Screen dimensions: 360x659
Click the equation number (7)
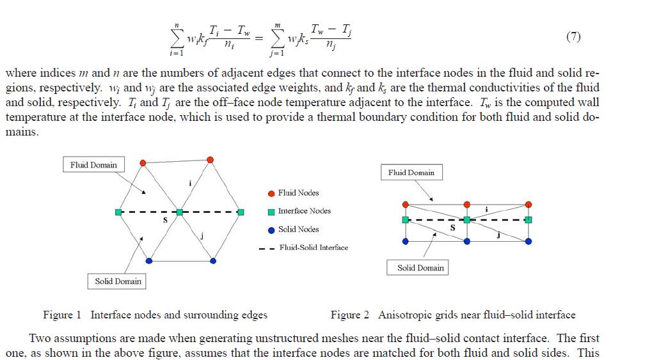click(x=573, y=36)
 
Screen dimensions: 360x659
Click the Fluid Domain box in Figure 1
click(x=93, y=165)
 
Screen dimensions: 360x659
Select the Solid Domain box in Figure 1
click(x=118, y=281)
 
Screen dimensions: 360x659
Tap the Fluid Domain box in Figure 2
click(x=411, y=173)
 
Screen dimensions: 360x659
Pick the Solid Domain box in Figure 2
click(x=420, y=268)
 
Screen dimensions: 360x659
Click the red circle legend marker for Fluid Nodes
click(x=271, y=193)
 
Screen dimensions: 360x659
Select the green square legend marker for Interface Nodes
click(x=271, y=212)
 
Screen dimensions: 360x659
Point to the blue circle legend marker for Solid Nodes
click(x=271, y=230)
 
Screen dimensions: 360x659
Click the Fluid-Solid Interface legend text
click(x=314, y=247)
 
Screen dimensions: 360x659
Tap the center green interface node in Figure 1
click(x=180, y=212)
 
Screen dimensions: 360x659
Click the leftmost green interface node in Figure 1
click(x=118, y=212)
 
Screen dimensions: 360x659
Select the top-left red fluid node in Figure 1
click(x=143, y=163)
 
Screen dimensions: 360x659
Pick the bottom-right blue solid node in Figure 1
click(x=213, y=260)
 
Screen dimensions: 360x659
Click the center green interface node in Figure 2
click(x=467, y=220)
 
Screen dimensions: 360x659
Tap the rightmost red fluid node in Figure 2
click(x=528, y=204)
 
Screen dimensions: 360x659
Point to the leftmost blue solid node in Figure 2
click(x=406, y=241)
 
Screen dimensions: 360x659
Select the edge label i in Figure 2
click(x=487, y=209)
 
